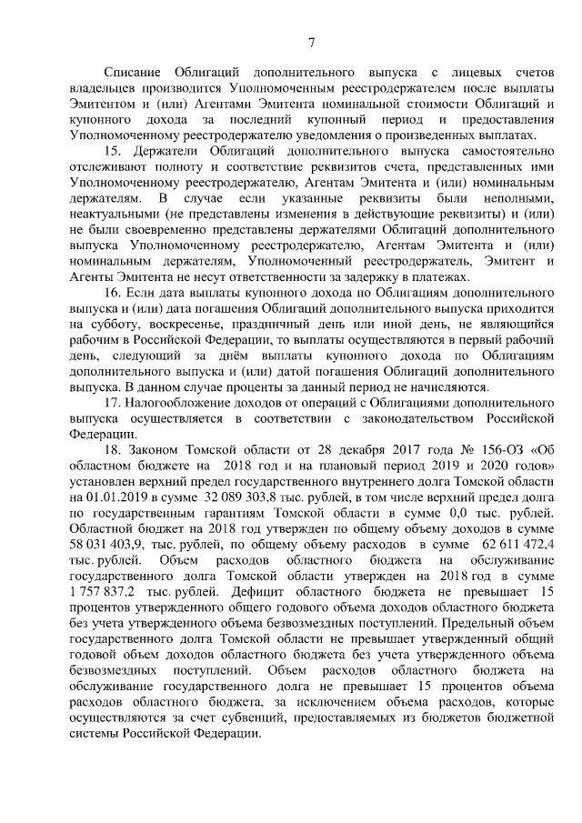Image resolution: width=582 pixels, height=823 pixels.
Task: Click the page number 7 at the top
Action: [312, 41]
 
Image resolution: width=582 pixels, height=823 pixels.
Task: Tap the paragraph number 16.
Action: [114, 296]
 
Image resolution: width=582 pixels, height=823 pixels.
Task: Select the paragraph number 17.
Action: [114, 401]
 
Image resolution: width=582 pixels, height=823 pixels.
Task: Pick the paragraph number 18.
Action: [114, 453]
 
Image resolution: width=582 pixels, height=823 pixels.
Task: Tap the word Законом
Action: [164, 453]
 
